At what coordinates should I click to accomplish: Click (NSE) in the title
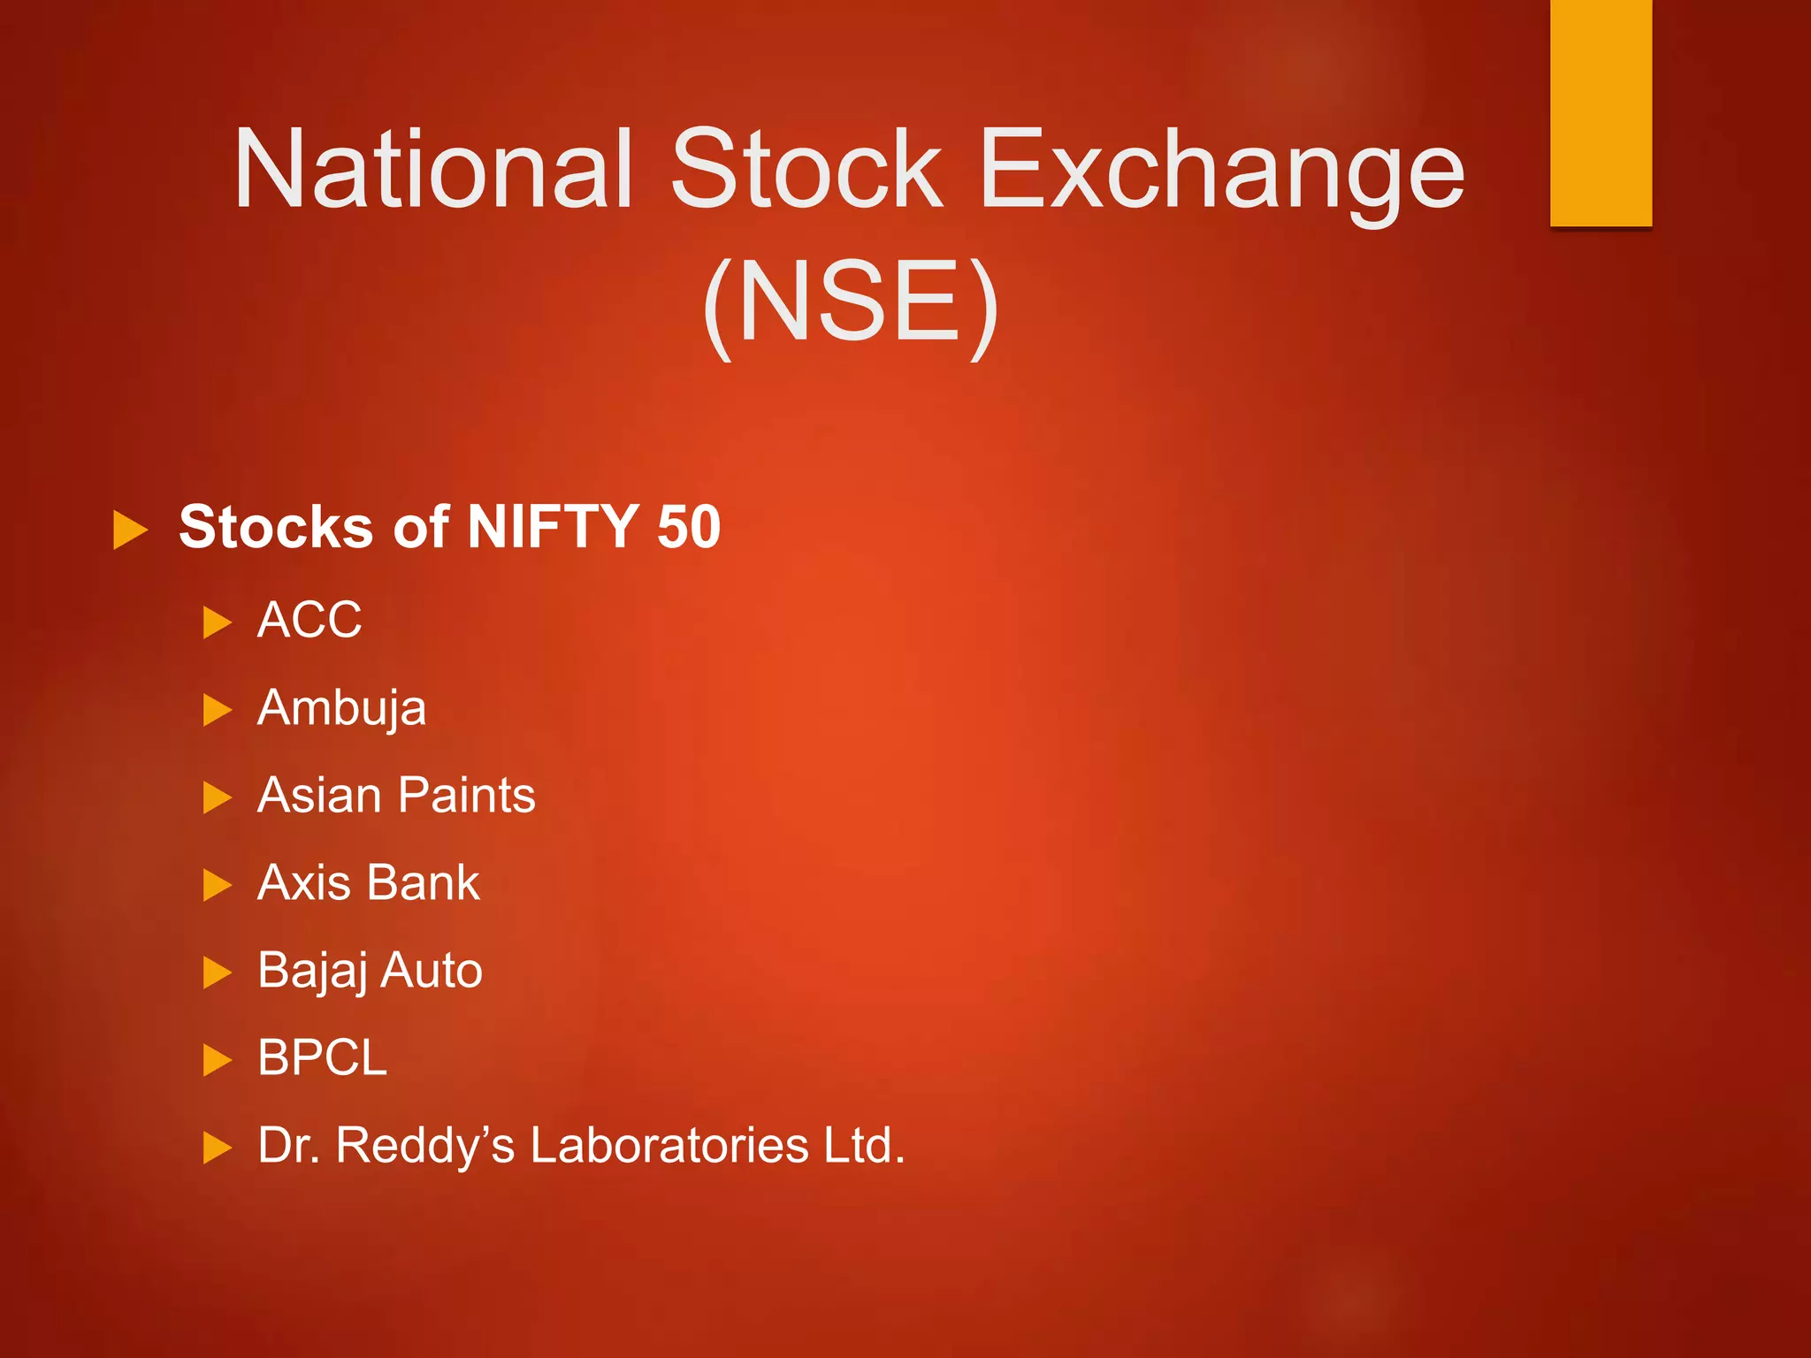click(x=851, y=302)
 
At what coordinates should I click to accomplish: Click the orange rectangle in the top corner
click(x=1601, y=112)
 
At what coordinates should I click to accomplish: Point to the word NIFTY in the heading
click(x=553, y=527)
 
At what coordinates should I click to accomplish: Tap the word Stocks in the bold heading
click(x=275, y=527)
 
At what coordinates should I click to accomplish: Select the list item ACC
click(x=309, y=619)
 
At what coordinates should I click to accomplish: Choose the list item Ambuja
click(x=341, y=708)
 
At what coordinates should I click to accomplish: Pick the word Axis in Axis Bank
click(x=303, y=882)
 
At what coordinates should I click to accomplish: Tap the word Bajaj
click(x=311, y=971)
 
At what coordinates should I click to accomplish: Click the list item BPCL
click(x=322, y=1057)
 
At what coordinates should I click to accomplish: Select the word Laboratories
click(x=669, y=1145)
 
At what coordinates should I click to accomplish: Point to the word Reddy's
click(x=424, y=1145)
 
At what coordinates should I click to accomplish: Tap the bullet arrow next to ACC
click(x=217, y=622)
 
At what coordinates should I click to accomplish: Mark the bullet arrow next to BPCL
click(x=217, y=1059)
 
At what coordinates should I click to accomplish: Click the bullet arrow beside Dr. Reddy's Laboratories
click(x=217, y=1148)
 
